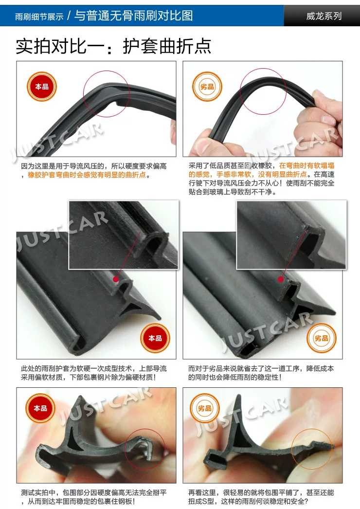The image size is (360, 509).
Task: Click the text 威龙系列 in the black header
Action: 324,16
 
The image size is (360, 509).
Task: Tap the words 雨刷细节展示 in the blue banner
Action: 39,17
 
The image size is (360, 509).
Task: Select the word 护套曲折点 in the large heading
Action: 167,46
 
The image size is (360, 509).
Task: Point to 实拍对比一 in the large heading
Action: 60,46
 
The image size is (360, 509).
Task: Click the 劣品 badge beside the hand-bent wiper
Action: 207,87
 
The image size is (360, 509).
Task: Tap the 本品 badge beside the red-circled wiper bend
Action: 42,87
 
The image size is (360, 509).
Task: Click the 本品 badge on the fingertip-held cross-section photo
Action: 40,408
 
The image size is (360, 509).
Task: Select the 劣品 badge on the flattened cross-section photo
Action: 204,408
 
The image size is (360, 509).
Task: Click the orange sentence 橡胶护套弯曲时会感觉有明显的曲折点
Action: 87,175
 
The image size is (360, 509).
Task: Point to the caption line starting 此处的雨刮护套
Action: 93,368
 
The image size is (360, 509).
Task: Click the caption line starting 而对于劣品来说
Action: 261,368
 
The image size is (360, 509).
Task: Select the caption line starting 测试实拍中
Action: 93,493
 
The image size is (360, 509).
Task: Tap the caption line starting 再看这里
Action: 261,493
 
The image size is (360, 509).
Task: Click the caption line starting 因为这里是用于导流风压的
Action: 93,166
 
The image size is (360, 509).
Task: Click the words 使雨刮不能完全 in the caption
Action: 310,183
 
